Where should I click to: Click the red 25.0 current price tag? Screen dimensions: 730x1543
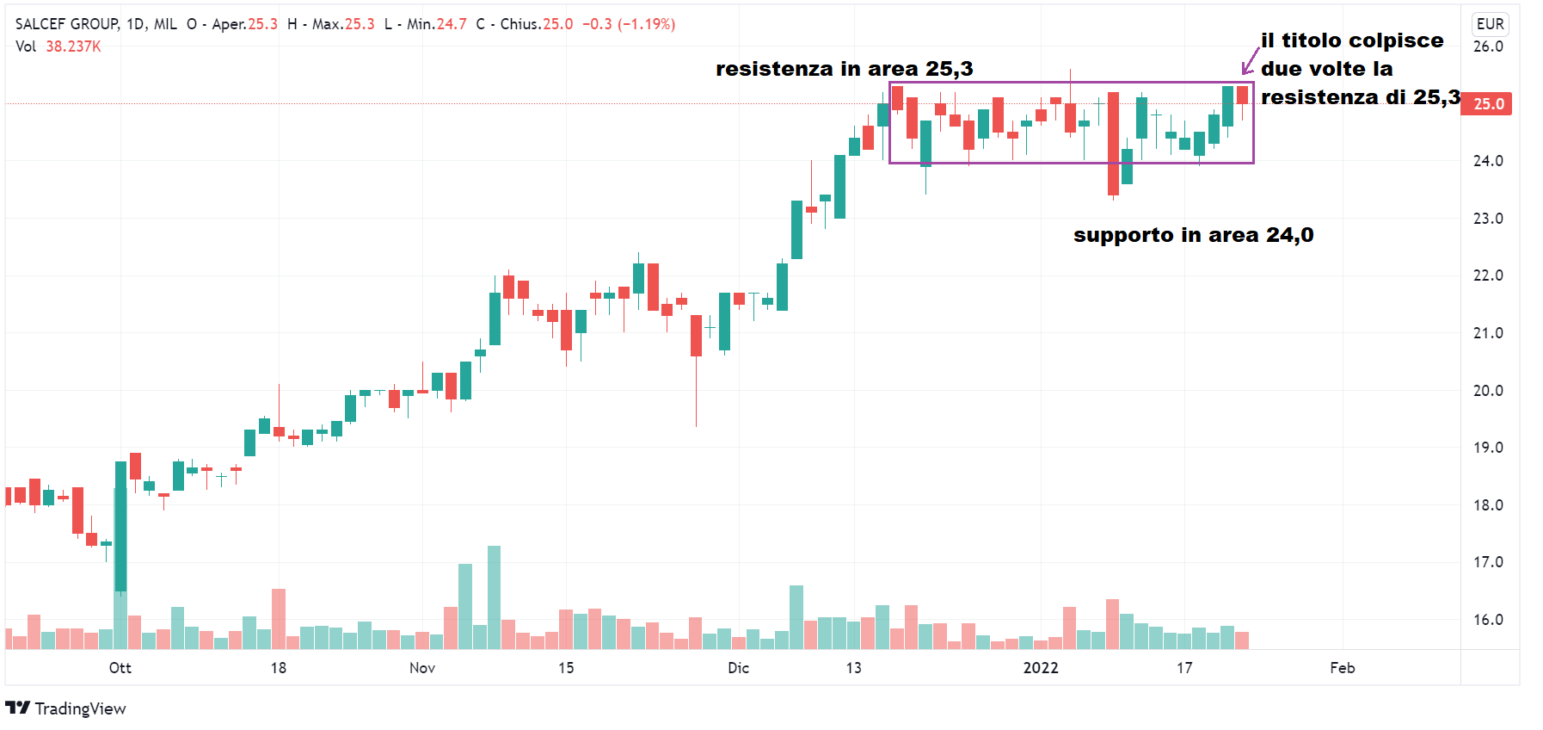coord(1488,104)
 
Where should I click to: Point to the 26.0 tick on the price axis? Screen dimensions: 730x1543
coord(1488,46)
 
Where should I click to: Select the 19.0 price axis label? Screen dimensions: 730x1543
coord(1488,448)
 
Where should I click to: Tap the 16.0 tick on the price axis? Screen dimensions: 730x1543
coord(1488,620)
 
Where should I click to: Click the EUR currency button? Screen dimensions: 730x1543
coord(1490,24)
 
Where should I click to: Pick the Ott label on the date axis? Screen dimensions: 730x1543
coord(120,668)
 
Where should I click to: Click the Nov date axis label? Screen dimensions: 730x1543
coord(422,668)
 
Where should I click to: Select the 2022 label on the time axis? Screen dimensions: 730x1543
coord(1041,668)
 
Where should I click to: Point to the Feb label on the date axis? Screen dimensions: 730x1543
coord(1343,668)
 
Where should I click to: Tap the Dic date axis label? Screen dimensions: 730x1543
coord(738,668)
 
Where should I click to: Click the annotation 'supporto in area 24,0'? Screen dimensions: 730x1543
coord(1193,235)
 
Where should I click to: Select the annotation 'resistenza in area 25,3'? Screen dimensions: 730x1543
coord(844,69)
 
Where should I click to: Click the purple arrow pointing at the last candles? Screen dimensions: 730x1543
coord(1250,62)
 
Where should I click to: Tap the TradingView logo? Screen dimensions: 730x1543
coord(65,708)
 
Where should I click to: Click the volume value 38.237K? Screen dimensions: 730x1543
coord(73,46)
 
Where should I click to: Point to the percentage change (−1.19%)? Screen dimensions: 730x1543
coord(646,24)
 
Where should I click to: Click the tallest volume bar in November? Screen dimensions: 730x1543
coord(494,597)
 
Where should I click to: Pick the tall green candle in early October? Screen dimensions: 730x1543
coord(120,526)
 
